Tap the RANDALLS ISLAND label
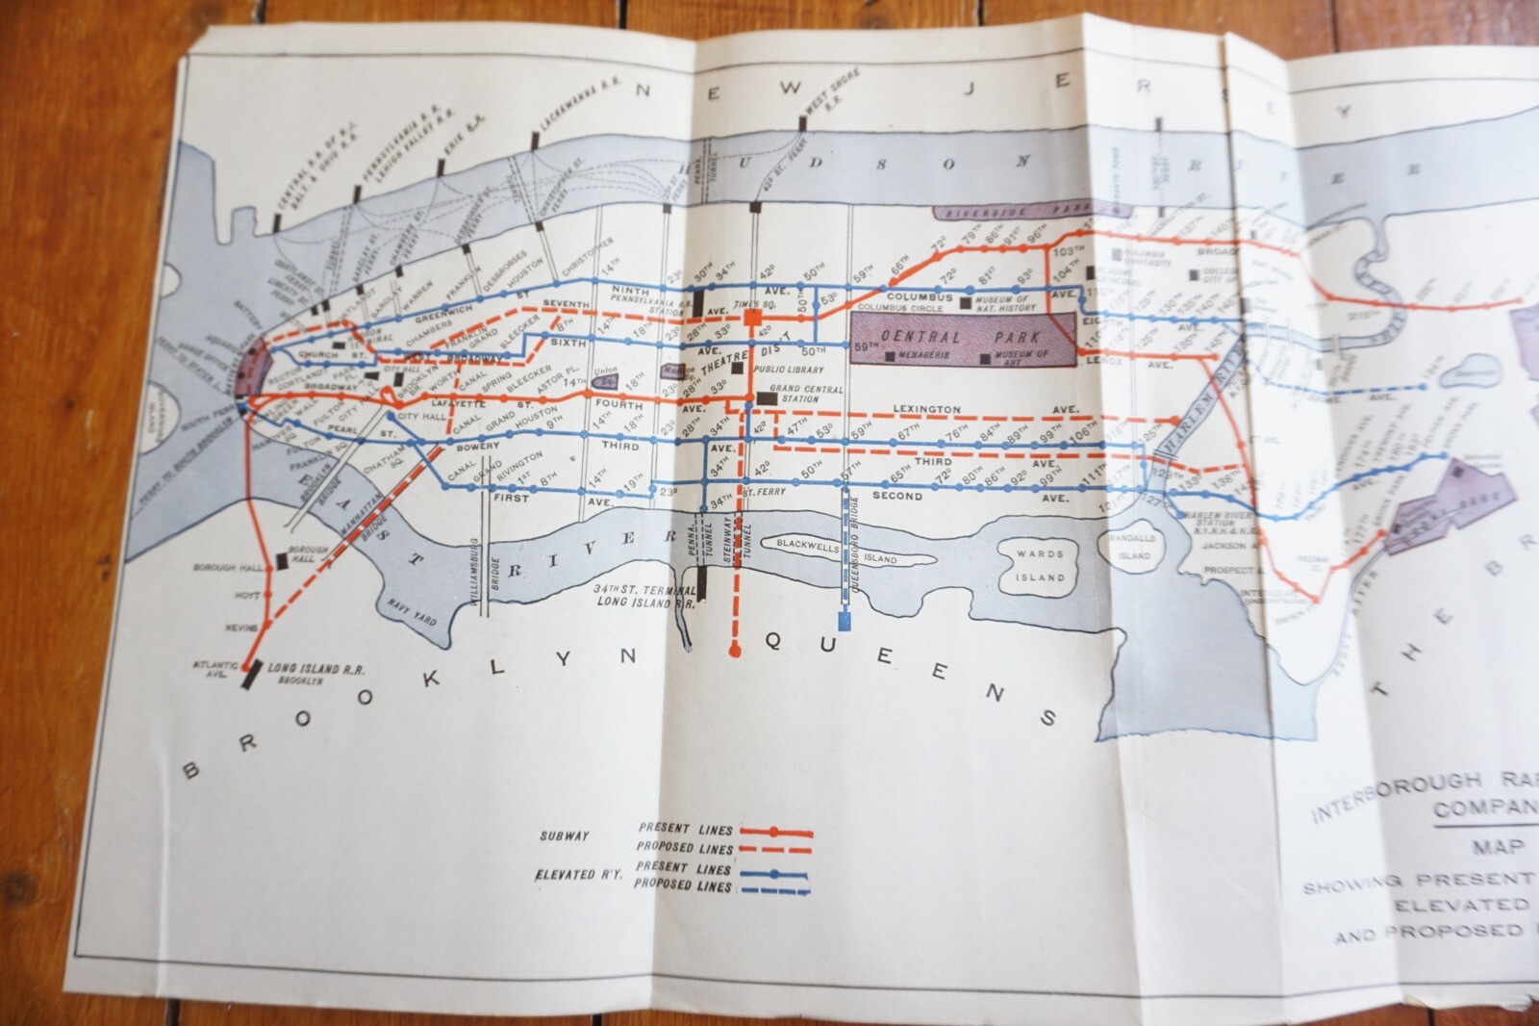pos(1134,548)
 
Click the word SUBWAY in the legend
pos(564,835)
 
